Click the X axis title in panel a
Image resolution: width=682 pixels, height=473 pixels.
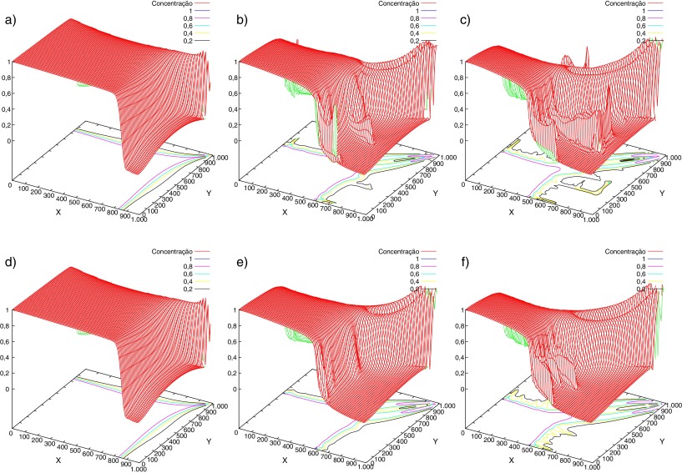[58, 211]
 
